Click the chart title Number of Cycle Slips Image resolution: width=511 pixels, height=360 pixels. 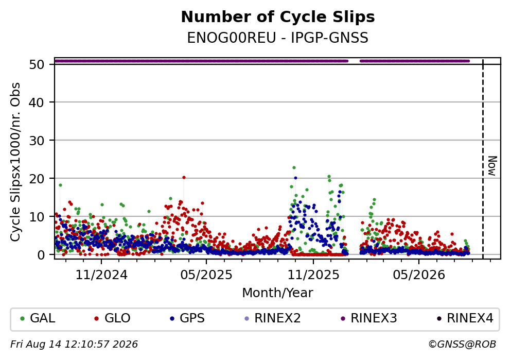[x=278, y=17]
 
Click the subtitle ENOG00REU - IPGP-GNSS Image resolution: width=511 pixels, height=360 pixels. [x=278, y=38]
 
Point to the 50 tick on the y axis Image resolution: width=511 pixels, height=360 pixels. [x=37, y=64]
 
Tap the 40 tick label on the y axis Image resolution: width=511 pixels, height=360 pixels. [x=37, y=102]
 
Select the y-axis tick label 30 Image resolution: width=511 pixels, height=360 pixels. [x=37, y=141]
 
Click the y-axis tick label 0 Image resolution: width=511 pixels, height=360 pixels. [x=41, y=254]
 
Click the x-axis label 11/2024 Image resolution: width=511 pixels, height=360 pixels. [x=101, y=275]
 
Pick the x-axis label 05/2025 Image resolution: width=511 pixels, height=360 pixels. [x=206, y=275]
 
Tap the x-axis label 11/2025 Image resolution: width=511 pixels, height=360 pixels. [x=313, y=275]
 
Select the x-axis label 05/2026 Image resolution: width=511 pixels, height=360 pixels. [x=419, y=275]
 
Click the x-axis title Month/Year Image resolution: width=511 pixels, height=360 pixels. [x=278, y=293]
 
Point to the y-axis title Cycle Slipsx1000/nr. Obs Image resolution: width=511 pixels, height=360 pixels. [x=15, y=162]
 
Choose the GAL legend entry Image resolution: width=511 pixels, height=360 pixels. [x=38, y=318]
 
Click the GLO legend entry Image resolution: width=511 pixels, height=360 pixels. [x=112, y=318]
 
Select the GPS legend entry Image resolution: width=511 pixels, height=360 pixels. [x=187, y=318]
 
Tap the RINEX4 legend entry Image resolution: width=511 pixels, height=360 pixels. [x=465, y=318]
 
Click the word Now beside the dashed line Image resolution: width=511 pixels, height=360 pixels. [x=492, y=166]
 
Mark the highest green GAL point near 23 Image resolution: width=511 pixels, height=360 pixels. [x=294, y=167]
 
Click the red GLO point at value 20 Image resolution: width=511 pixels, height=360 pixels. [x=184, y=177]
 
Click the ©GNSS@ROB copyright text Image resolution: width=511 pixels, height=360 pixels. [x=462, y=345]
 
